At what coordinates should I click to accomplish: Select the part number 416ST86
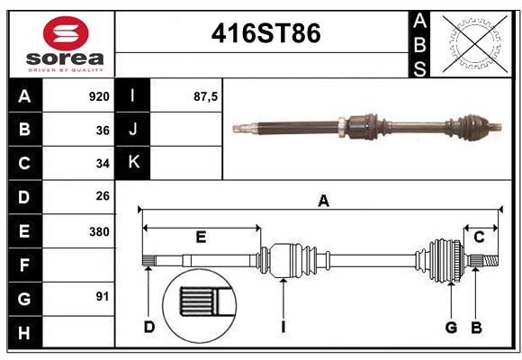tap(265, 34)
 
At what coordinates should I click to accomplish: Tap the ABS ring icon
tap(476, 42)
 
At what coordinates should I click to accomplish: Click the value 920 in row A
tap(98, 96)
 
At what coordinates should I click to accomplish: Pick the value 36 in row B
tap(102, 130)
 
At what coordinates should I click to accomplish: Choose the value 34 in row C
tap(102, 164)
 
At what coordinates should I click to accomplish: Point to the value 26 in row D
tap(102, 196)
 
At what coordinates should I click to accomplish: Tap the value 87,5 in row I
tap(206, 96)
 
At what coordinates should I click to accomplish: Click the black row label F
tap(24, 265)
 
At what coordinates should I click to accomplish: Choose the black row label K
tap(133, 163)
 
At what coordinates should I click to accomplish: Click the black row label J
tap(133, 130)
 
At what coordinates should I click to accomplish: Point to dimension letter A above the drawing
tap(323, 202)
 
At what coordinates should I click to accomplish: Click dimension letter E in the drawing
tap(201, 237)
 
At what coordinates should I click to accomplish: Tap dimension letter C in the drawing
tap(480, 237)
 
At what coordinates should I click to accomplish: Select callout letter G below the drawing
tap(452, 327)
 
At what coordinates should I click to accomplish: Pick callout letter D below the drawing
tap(149, 327)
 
